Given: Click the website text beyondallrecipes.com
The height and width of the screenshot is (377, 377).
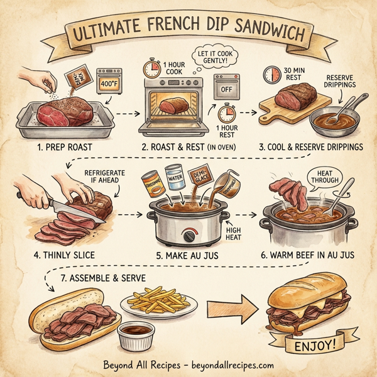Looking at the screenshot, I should (231, 365).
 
